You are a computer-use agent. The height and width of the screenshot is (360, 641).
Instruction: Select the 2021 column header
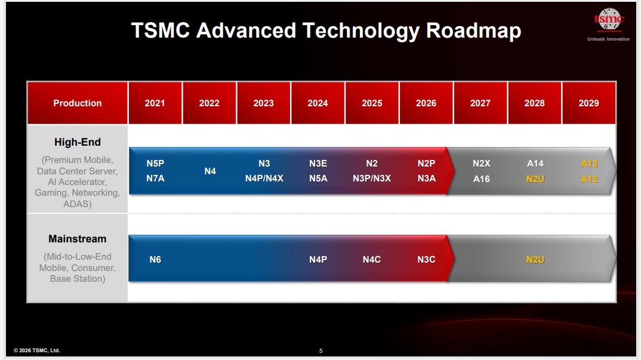(155, 103)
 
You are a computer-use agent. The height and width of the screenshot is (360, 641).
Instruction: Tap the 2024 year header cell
(318, 103)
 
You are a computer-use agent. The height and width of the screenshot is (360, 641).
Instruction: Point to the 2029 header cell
(588, 103)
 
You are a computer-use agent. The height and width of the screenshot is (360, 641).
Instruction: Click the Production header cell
(77, 103)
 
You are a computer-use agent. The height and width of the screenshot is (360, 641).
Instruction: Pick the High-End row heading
(77, 142)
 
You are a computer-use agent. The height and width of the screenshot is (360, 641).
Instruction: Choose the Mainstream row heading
(77, 238)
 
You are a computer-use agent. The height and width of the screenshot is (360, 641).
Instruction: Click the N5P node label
(155, 164)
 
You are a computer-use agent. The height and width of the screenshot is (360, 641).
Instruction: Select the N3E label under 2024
(318, 164)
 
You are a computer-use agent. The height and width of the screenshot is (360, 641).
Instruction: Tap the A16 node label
(482, 179)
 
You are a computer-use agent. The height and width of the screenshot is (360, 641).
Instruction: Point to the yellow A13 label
(590, 164)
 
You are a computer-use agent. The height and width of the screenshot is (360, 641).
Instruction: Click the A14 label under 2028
(535, 164)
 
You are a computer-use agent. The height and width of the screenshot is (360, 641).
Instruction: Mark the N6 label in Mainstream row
(155, 259)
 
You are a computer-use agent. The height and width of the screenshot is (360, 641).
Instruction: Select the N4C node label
(372, 259)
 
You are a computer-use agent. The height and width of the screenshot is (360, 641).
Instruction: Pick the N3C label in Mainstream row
(426, 259)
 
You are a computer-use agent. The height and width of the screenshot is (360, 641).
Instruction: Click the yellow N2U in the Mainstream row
(535, 259)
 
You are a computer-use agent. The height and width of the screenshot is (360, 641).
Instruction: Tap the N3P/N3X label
(372, 179)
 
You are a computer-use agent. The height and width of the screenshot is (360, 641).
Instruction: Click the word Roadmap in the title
(473, 30)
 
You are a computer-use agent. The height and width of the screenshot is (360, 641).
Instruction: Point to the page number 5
(321, 350)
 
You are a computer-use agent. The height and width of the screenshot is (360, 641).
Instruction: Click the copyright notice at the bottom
(37, 350)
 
